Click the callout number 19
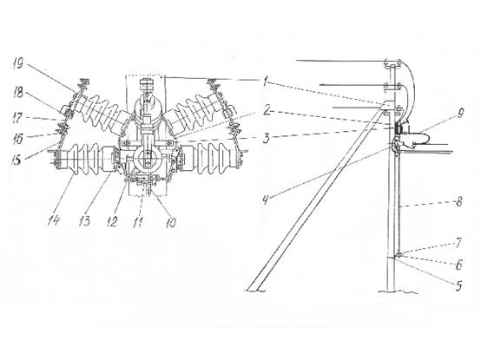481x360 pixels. coord(18,63)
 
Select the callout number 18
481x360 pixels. coord(18,93)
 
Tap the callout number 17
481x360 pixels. coord(17,118)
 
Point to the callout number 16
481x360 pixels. coord(17,139)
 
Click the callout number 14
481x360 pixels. coord(53,220)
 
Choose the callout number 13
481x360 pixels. coord(84,220)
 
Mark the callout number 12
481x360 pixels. coord(112,222)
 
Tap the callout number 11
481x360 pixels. coord(138,222)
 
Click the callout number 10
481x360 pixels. coord(171,223)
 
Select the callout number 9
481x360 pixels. coord(460,114)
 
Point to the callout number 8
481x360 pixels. coord(458,201)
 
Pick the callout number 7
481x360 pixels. coord(458,243)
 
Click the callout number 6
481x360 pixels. coord(458,265)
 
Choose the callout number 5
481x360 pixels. coord(458,286)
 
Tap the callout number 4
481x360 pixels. coord(266,200)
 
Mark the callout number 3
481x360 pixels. coord(266,138)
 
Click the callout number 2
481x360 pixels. coord(267,110)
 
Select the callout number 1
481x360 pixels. coord(267,82)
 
